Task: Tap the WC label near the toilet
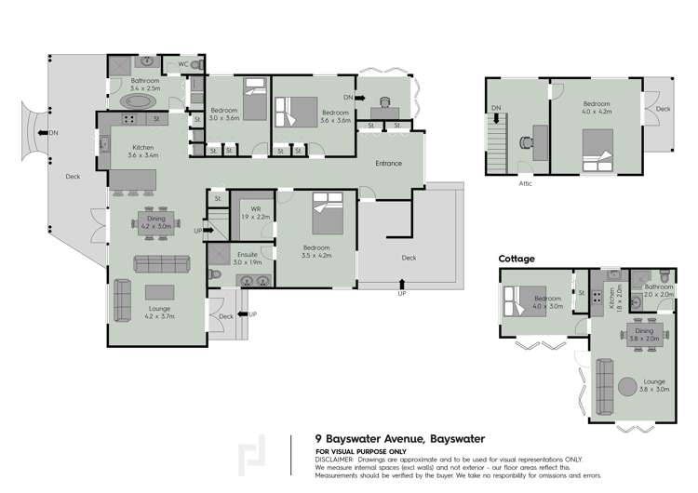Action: pos(182,64)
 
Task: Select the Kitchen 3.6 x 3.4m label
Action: pos(143,152)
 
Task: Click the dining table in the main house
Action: pos(154,221)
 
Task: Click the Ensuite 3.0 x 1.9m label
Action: pos(248,259)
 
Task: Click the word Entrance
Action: pos(388,164)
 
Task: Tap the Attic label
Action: pos(525,183)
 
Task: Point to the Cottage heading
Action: pos(517,259)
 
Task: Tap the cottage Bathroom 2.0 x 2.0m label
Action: pos(658,290)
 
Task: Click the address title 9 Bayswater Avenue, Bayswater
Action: pos(400,438)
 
